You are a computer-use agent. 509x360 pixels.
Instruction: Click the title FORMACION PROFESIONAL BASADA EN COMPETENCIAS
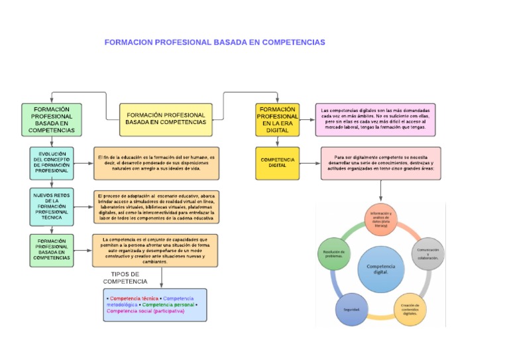click(215, 42)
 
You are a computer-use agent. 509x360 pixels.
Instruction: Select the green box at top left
click(52, 120)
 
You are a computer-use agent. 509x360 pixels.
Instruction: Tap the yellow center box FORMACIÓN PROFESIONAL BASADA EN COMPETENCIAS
click(166, 119)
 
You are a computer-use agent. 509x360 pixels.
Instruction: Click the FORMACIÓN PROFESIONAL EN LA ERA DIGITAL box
click(278, 120)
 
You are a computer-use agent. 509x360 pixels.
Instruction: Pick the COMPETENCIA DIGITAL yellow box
click(278, 163)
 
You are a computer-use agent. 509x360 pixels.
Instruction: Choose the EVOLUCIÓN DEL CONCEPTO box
click(52, 163)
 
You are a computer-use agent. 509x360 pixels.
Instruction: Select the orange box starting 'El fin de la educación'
click(156, 163)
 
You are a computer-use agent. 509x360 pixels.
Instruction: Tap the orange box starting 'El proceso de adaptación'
click(156, 207)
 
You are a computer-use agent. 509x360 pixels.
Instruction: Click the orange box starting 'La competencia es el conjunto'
click(155, 250)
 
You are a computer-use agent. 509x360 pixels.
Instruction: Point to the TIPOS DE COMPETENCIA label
click(125, 278)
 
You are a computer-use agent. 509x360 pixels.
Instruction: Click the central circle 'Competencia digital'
click(381, 268)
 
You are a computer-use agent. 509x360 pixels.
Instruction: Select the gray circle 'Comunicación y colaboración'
click(427, 254)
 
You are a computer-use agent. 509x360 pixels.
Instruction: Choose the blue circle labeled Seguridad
click(352, 309)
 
